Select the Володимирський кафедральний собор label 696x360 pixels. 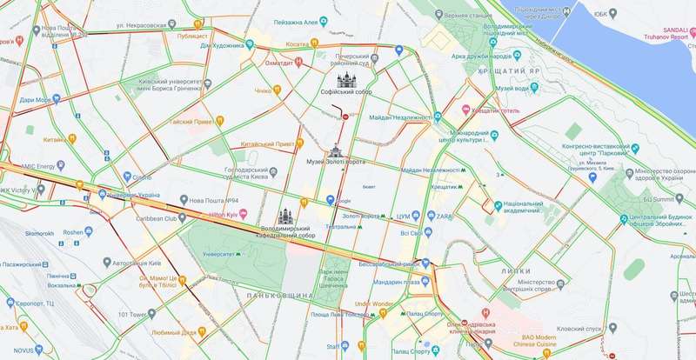(287, 230)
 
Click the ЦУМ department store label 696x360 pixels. (402, 215)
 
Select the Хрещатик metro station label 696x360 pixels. (445, 187)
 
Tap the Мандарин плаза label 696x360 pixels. (398, 281)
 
